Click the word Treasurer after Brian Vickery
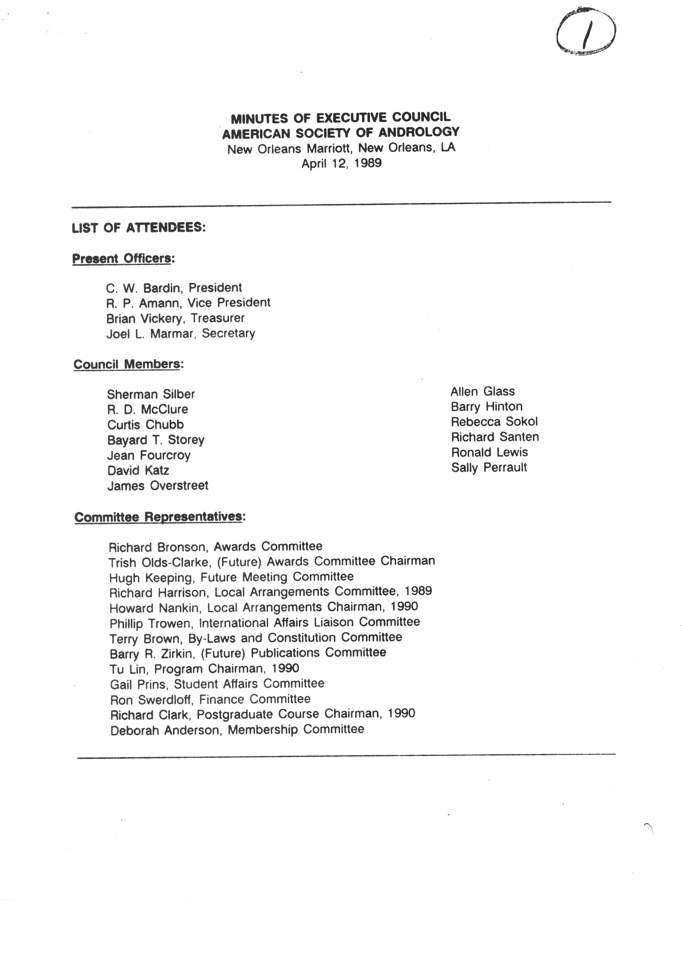[x=218, y=318]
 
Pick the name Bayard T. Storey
[x=155, y=440]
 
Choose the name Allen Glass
[x=482, y=392]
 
